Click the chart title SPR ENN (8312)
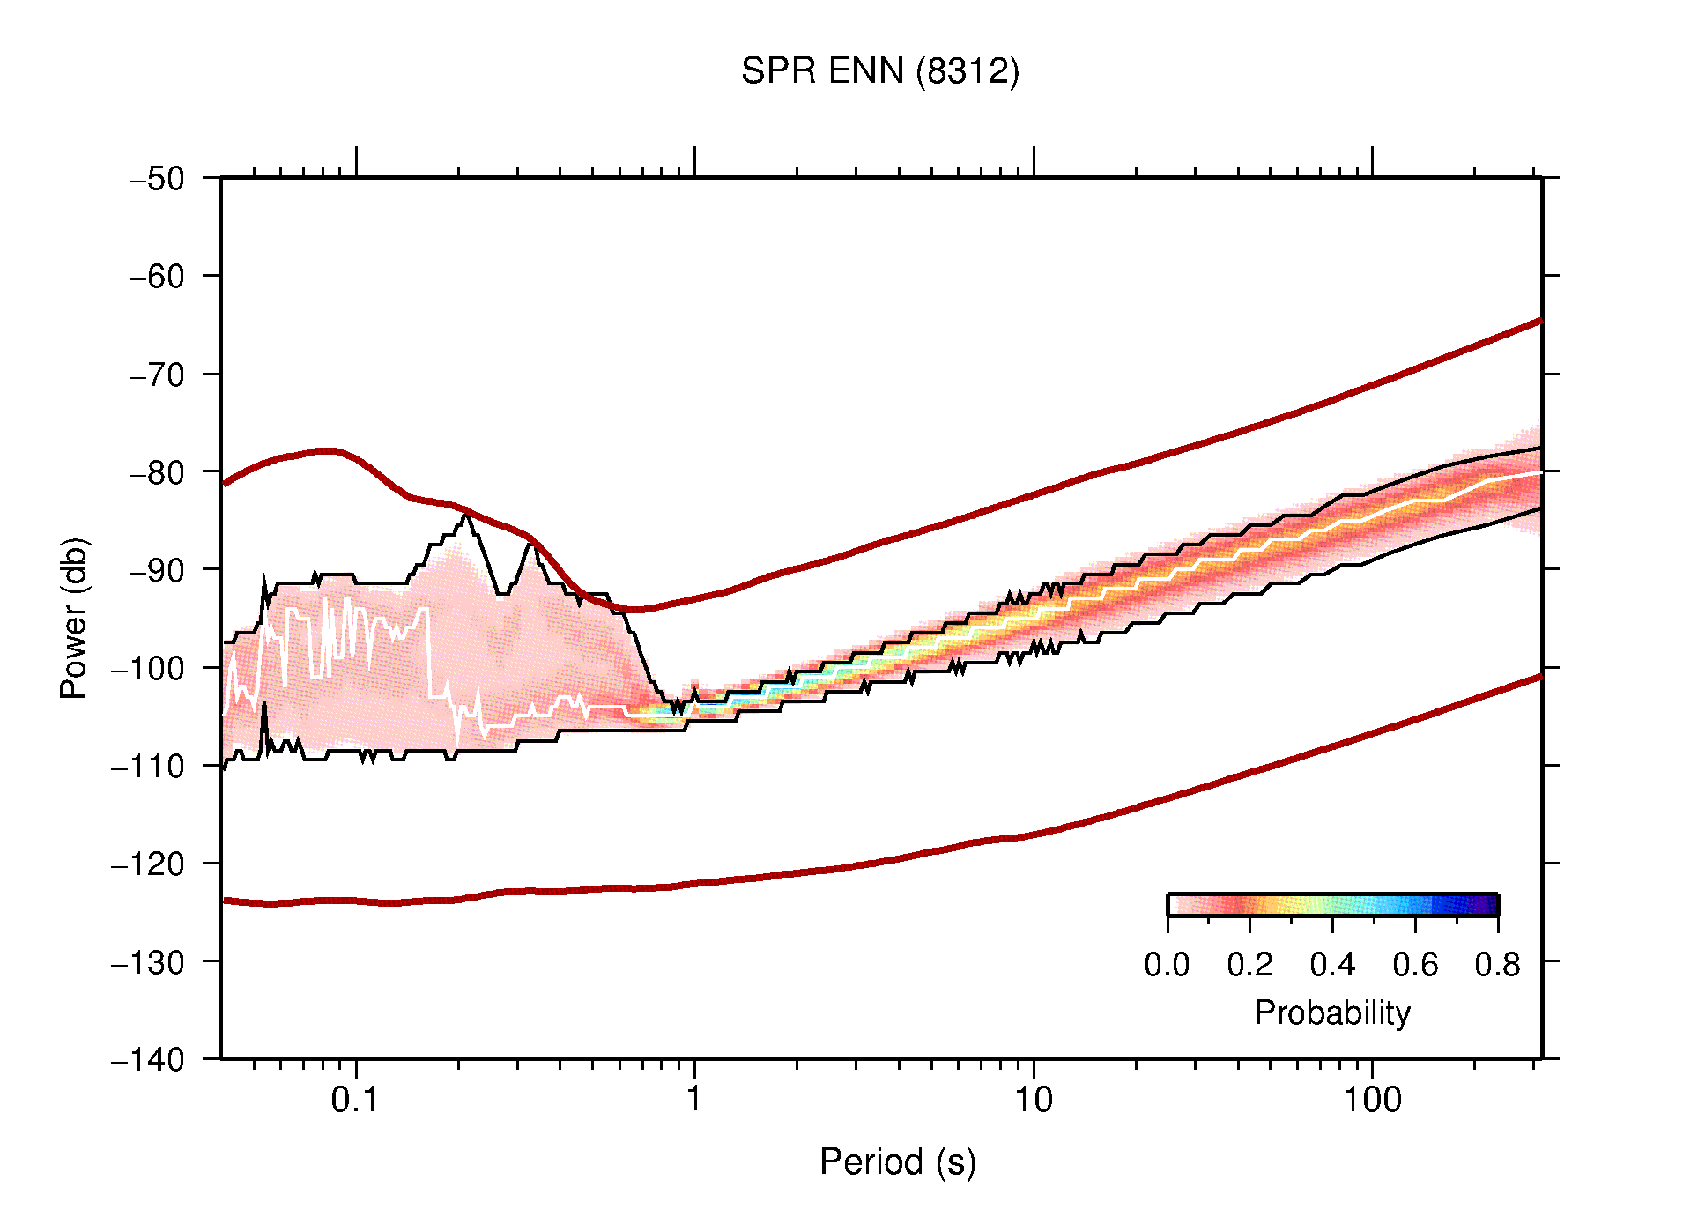click(x=879, y=71)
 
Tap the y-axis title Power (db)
click(x=74, y=618)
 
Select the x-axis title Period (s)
click(x=897, y=1162)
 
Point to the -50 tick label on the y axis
click(x=157, y=179)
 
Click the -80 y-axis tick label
click(x=157, y=472)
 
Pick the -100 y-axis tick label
click(x=148, y=668)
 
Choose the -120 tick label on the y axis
click(x=148, y=864)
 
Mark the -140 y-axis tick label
click(x=148, y=1059)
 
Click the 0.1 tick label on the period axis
click(x=355, y=1100)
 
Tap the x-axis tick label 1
click(x=694, y=1100)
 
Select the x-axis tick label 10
click(x=1033, y=1100)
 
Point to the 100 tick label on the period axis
click(x=1371, y=1100)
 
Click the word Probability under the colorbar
click(x=1331, y=1013)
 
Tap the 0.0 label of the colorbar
click(x=1167, y=965)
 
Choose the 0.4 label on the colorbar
click(x=1332, y=965)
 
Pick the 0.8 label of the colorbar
click(x=1497, y=965)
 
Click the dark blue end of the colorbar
click(x=1489, y=905)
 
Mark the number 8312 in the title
click(x=968, y=71)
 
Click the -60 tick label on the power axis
click(x=157, y=277)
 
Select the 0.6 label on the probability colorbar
click(x=1415, y=965)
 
